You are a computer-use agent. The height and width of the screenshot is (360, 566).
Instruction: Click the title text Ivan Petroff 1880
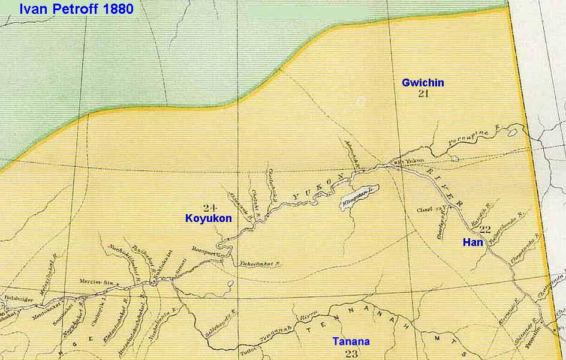76,10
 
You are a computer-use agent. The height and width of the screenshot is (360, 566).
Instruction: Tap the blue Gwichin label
423,83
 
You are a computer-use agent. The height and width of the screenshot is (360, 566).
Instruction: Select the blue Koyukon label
208,219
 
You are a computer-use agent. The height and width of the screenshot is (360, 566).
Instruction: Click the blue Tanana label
351,342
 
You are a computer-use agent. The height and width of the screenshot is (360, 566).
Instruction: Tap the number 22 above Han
485,229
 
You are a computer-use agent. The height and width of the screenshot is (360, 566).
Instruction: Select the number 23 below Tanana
351,353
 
